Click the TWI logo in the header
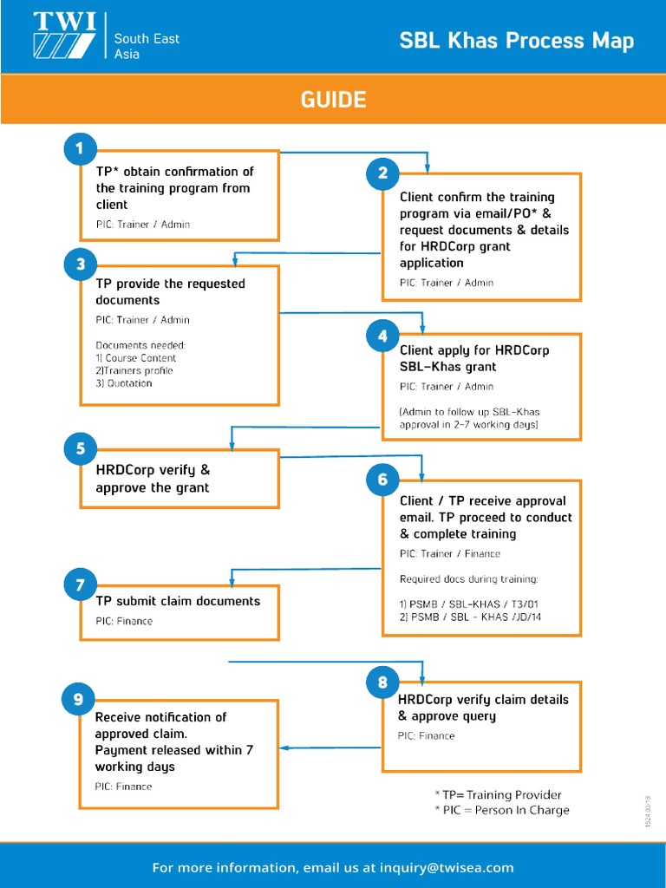point(64,36)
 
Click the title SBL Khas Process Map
point(516,41)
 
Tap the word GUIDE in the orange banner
point(333,100)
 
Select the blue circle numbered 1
point(80,149)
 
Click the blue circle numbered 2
point(382,173)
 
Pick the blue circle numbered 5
point(80,448)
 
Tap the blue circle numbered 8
point(382,682)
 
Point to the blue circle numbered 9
point(80,699)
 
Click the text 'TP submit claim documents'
point(177,601)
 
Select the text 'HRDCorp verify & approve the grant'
point(153,479)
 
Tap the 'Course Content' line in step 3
point(136,358)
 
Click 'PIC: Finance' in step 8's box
point(426,736)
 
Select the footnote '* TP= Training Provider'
point(498,794)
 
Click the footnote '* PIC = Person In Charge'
point(502,810)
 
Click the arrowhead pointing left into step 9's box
point(285,748)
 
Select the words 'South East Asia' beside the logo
point(146,46)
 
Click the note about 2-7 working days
point(468,418)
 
